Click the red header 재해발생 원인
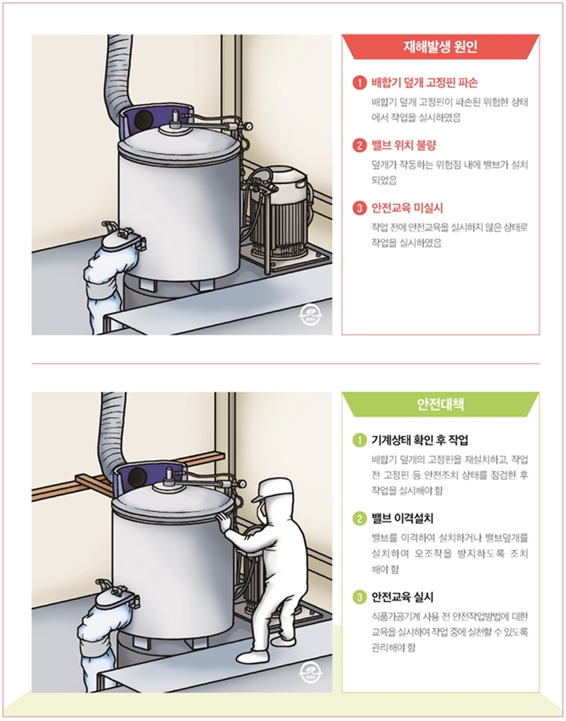point(441,49)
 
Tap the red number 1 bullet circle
point(359,83)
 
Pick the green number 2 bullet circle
point(359,517)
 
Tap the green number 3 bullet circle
point(359,596)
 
